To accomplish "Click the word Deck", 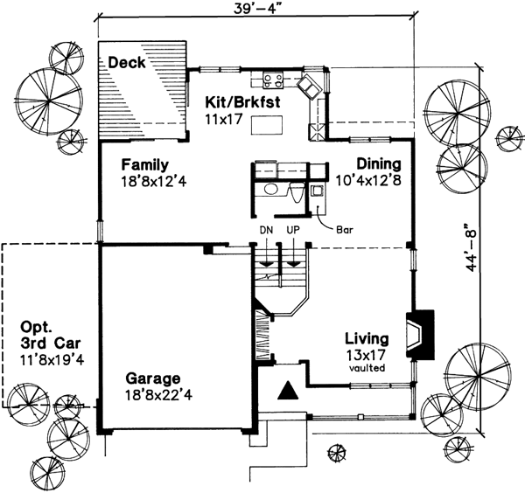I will coord(127,63).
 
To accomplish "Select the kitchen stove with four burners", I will coord(271,82).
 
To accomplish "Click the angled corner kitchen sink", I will coord(308,87).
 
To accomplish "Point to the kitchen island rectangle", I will coord(269,126).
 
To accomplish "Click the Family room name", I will coord(145,164).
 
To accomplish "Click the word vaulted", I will coord(367,368).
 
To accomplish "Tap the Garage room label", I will coord(153,378).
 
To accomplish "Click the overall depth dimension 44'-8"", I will coord(473,250).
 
